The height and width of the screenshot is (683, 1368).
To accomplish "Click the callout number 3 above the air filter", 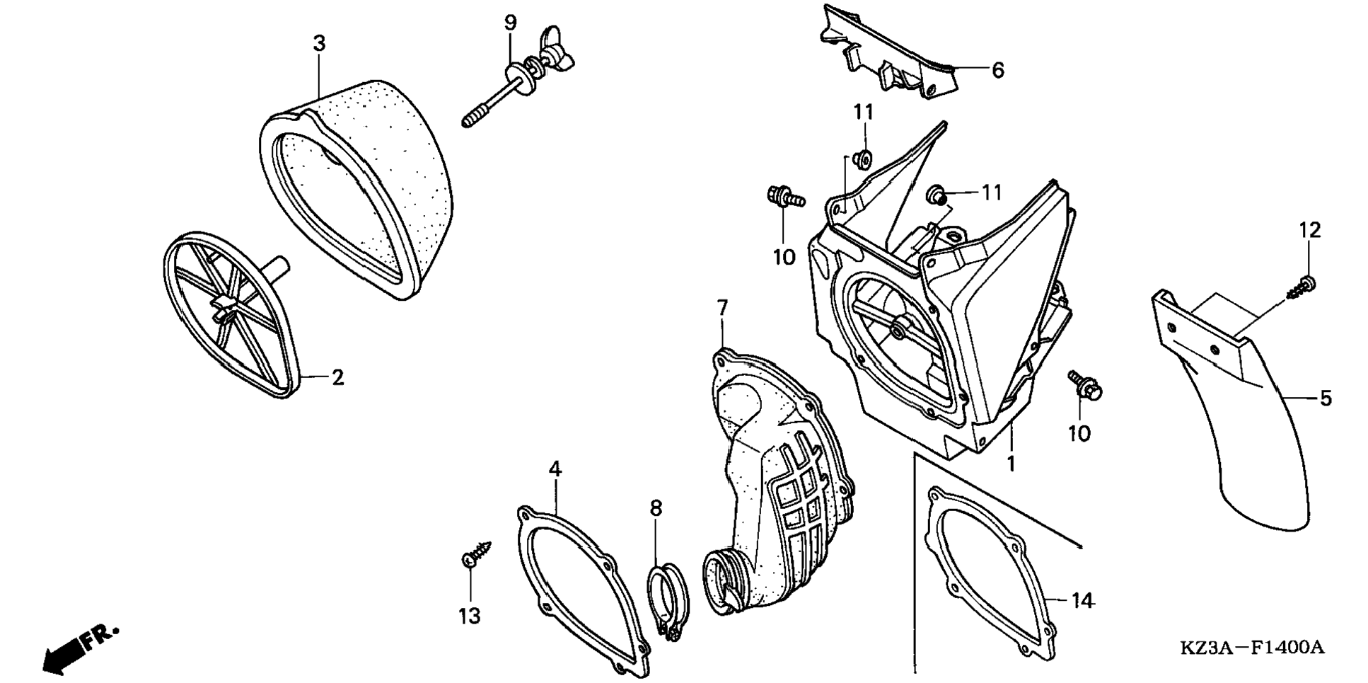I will [x=319, y=44].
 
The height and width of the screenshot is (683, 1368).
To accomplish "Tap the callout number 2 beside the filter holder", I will [x=338, y=378].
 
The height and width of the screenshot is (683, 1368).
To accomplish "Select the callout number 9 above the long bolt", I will [x=510, y=23].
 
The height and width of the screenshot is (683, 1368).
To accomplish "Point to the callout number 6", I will [x=997, y=70].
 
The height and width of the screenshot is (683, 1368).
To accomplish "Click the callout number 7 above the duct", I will [x=721, y=308].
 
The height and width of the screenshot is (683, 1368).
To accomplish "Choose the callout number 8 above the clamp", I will [x=656, y=508].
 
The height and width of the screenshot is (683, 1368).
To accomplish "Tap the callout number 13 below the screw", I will [x=470, y=616].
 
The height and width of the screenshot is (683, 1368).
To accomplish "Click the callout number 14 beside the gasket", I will [x=1082, y=601].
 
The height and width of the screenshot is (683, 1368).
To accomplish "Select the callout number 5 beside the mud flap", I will [x=1326, y=398].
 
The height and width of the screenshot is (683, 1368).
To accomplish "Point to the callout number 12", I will [x=1309, y=230].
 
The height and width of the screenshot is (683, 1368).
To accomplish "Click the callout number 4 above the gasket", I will [x=555, y=469].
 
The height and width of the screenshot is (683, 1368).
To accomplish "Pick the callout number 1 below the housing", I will [x=1011, y=464].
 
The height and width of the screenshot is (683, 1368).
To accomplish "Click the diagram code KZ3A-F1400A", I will [x=1251, y=648].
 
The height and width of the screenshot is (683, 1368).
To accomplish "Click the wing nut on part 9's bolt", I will [x=555, y=48].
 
